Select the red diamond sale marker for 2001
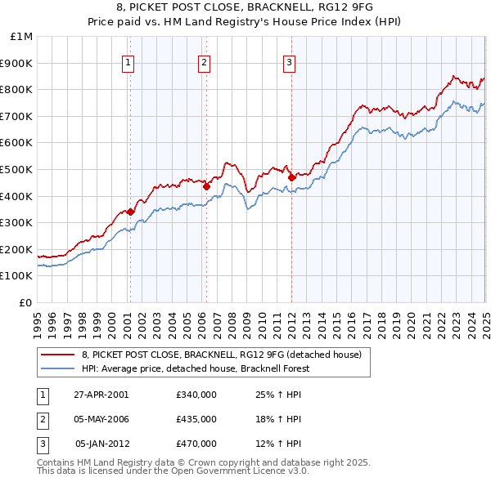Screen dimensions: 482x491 click(x=131, y=212)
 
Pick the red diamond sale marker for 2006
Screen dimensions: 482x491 click(x=206, y=186)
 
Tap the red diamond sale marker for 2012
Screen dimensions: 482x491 click(x=291, y=176)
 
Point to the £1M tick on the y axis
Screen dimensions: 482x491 click(x=21, y=37)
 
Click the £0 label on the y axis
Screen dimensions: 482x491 click(x=26, y=302)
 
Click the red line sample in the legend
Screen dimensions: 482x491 click(x=57, y=355)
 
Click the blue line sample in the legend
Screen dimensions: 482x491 click(x=57, y=368)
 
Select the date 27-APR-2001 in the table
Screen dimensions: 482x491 click(x=101, y=395)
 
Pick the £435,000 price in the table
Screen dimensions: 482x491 click(x=196, y=419)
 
